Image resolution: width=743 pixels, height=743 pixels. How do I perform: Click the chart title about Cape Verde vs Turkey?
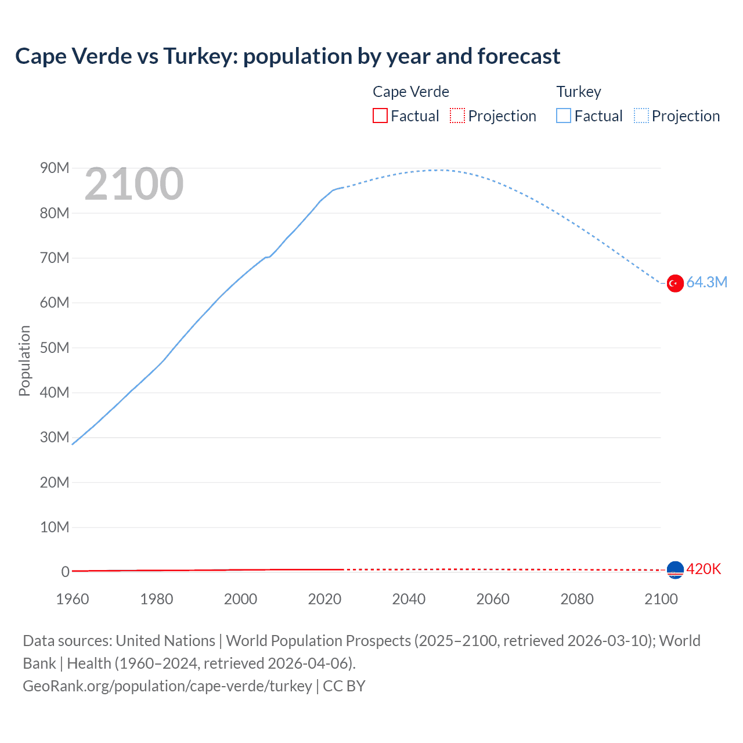[287, 56]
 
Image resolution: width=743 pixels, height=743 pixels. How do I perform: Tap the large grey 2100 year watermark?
[134, 184]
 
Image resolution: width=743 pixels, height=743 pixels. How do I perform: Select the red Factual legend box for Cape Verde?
[380, 116]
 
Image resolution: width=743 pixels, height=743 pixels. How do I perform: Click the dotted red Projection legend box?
[457, 116]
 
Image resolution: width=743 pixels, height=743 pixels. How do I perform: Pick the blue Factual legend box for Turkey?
[564, 116]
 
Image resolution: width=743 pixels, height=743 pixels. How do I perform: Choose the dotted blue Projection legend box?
[641, 116]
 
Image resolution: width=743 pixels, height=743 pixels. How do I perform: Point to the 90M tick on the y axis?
[55, 168]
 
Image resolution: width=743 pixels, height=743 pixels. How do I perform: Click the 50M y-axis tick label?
[55, 348]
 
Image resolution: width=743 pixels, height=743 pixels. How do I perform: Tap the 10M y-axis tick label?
[55, 527]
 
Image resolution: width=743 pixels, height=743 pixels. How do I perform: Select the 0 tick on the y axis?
[65, 572]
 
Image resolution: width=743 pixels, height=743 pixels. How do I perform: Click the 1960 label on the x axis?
[73, 599]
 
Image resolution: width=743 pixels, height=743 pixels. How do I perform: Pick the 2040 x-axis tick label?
[409, 599]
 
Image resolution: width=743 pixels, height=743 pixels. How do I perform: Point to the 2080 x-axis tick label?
[577, 599]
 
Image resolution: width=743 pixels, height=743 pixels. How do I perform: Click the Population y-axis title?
[24, 360]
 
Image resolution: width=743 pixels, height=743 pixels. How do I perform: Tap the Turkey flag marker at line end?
[675, 283]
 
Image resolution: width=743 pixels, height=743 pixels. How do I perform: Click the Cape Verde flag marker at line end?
[675, 570]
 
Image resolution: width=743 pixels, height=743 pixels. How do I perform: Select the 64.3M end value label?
[706, 283]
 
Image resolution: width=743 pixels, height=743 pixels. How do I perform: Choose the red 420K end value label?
[704, 569]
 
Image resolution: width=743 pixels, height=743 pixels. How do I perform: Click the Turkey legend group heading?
[579, 92]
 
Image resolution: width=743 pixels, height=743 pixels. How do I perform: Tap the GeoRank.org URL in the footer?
[167, 686]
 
